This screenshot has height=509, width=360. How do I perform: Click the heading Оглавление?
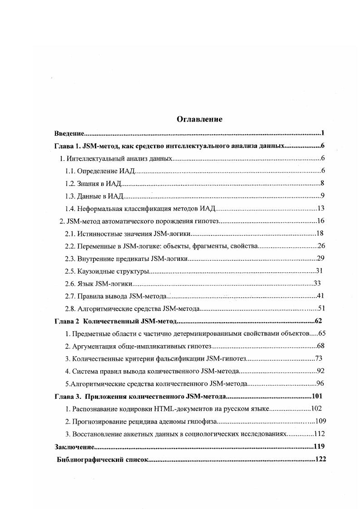click(199, 119)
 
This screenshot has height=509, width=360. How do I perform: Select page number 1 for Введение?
click(322, 133)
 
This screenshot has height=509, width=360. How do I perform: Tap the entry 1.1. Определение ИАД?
click(100, 171)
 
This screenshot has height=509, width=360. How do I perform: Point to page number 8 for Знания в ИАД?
click(322, 184)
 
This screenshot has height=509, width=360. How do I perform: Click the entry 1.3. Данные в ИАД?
click(95, 196)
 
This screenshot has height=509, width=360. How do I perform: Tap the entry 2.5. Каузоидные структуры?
click(108, 271)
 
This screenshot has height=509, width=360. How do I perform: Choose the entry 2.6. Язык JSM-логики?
click(99, 284)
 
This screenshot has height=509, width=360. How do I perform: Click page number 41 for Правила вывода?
click(320, 296)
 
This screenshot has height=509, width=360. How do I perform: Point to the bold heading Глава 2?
click(67, 322)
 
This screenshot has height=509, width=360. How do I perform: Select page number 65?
click(320, 334)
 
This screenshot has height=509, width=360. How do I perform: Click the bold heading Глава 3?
click(68, 396)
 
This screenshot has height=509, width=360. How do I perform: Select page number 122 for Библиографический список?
click(321, 459)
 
